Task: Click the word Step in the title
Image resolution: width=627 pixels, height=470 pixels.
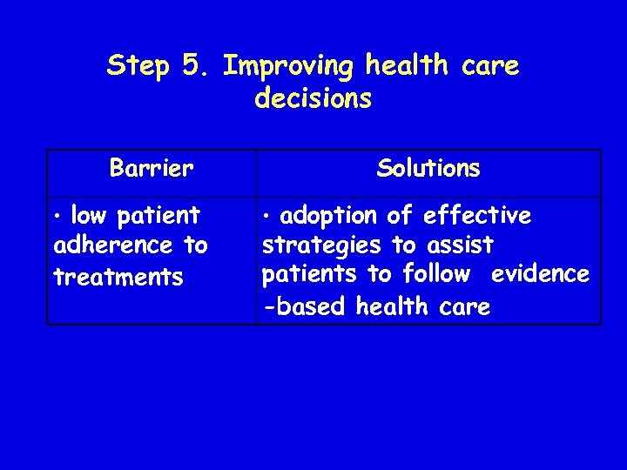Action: [x=138, y=67]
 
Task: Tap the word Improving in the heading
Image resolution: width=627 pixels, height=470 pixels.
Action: [x=289, y=67]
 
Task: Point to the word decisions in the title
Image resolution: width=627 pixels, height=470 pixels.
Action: [x=313, y=99]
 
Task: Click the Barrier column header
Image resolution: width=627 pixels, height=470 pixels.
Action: [x=152, y=168]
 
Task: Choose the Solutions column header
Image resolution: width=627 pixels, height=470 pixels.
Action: [x=428, y=168]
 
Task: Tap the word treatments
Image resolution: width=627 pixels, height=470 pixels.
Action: [x=118, y=278]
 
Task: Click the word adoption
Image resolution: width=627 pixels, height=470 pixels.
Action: [x=329, y=215]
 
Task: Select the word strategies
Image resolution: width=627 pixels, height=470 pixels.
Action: [x=321, y=245]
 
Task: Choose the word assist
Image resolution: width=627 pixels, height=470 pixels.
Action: [x=461, y=245]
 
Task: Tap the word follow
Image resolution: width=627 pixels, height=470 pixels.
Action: [x=436, y=274]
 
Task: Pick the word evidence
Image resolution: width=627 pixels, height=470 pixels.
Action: [x=540, y=274]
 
